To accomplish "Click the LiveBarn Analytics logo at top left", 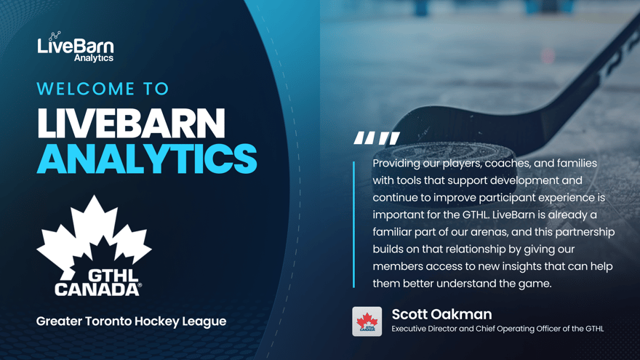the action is [x=76, y=47].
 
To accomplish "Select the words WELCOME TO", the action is [x=103, y=89].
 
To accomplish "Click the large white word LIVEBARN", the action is [x=131, y=123].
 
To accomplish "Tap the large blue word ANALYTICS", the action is [x=147, y=159].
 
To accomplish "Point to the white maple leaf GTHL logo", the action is [x=95, y=246].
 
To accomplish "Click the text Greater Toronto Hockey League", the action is [x=131, y=321].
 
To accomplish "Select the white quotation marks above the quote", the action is [x=377, y=138].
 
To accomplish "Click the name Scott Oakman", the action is [x=441, y=314].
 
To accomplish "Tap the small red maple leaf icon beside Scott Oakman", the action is [x=367, y=321].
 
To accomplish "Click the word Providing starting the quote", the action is [x=396, y=164].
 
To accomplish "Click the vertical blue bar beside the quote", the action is [x=354, y=225].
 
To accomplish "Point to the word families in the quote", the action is [x=577, y=164].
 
